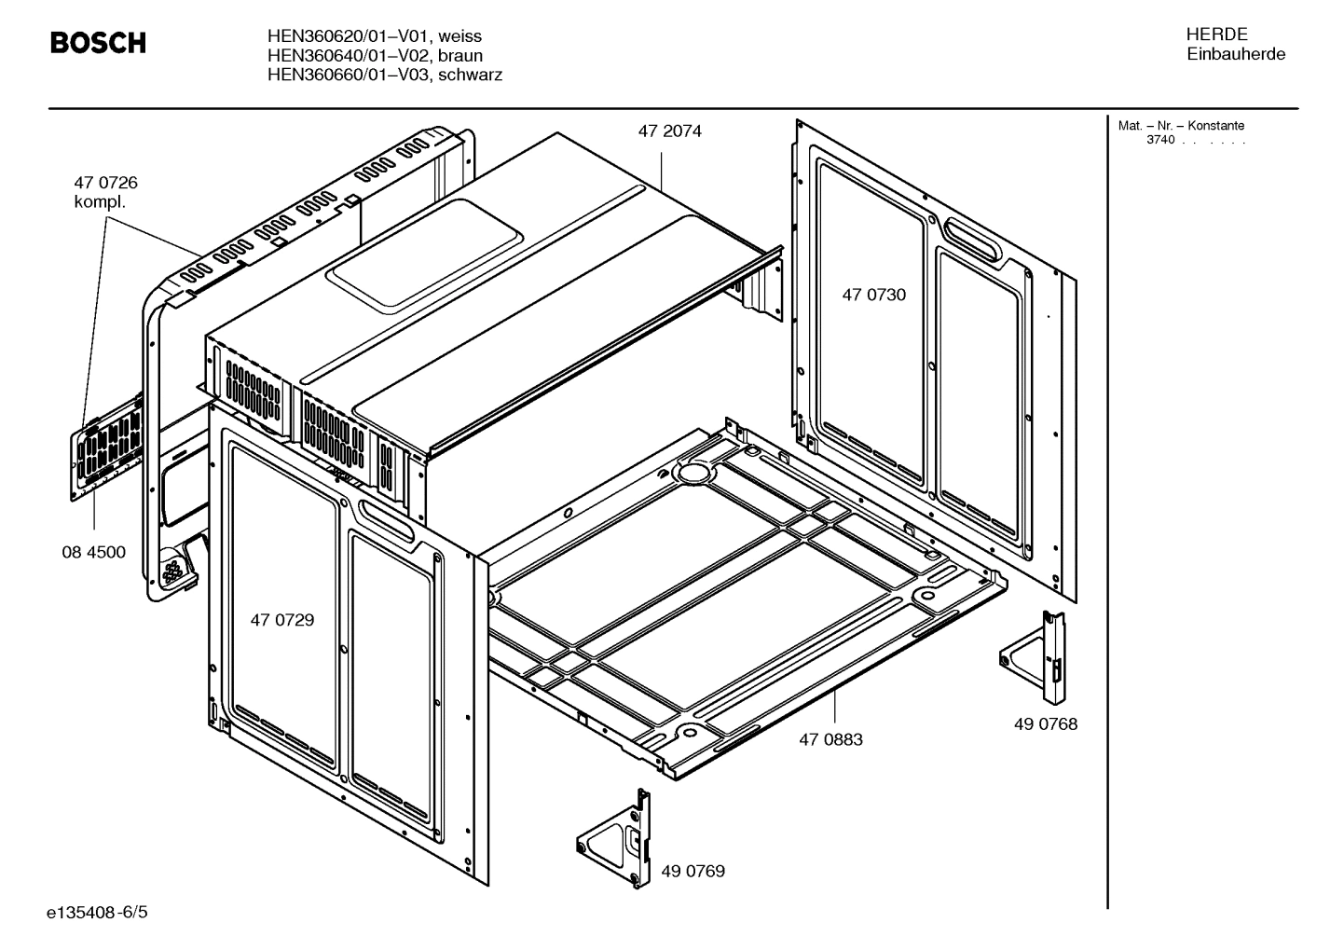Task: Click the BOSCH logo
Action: point(97,43)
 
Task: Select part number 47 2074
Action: point(669,131)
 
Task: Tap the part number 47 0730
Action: point(873,295)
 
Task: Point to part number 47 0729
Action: point(281,620)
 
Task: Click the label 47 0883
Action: point(830,739)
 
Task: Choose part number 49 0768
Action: point(1046,723)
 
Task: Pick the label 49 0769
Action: point(693,871)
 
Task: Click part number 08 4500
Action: point(93,552)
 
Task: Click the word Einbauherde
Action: point(1235,54)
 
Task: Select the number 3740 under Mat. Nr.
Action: point(1160,140)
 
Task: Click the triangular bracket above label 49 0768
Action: point(1035,657)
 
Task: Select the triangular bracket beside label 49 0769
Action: point(615,838)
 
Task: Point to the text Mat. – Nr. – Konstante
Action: point(1181,126)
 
